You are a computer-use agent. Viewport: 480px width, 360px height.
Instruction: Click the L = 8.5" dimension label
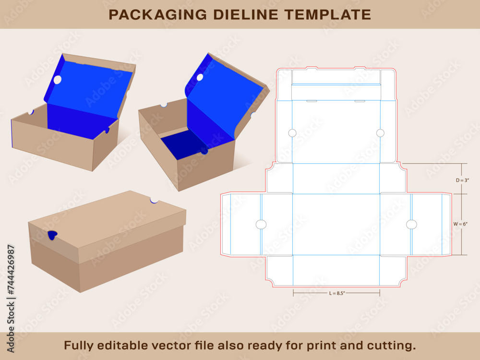tap(336, 293)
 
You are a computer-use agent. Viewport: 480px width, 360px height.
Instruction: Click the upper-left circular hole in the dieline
tap(292, 133)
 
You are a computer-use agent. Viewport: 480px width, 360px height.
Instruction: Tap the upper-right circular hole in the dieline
tap(380, 132)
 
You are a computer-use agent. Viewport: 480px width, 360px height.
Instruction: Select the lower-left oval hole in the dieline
tap(261, 224)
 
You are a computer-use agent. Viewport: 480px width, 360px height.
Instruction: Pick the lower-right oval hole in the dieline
tap(411, 224)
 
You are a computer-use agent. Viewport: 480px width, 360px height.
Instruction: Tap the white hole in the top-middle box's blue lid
tap(200, 77)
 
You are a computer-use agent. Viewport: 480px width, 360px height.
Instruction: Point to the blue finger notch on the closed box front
tap(52, 234)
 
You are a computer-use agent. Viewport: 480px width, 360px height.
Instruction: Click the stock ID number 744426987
tap(11, 269)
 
